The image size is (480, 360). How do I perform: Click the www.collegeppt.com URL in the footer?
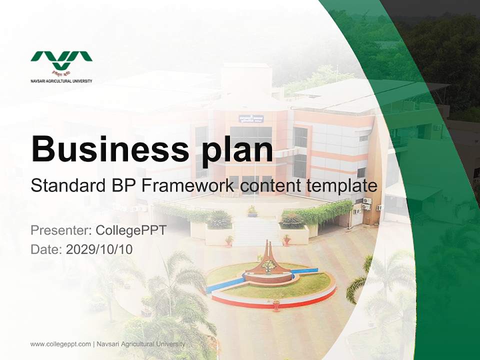click(60, 344)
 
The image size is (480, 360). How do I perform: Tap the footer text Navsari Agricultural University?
click(140, 344)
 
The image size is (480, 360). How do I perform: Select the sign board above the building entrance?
click(251, 118)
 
